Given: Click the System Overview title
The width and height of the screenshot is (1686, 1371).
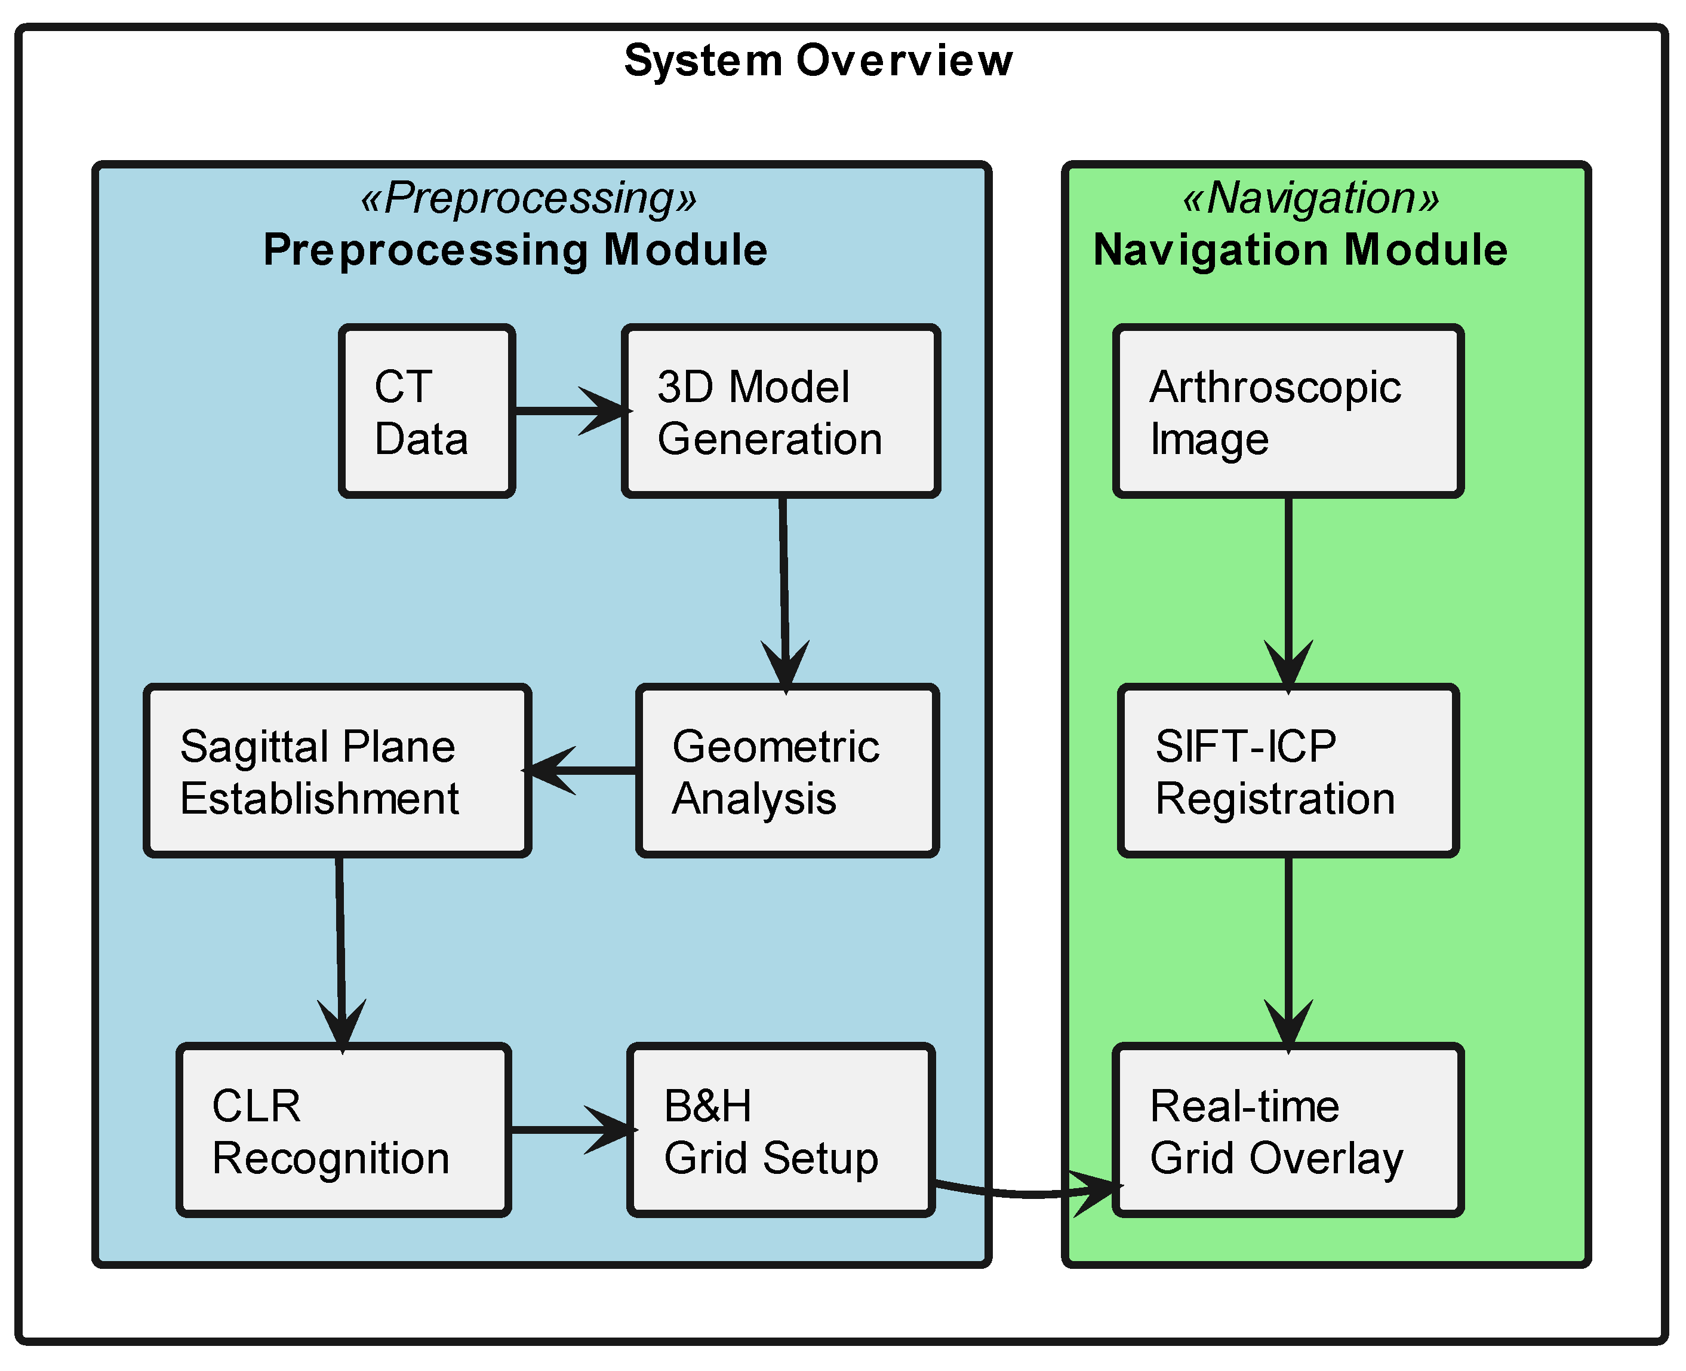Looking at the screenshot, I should [x=818, y=61].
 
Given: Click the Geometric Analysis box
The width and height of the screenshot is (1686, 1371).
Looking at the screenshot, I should [x=787, y=771].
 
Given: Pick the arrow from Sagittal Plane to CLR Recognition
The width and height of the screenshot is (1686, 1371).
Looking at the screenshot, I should [x=340, y=947].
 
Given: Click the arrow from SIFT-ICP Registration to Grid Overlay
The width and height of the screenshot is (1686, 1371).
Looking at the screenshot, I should [x=1288, y=947].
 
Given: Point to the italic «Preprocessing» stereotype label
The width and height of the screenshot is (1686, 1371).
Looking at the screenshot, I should [x=529, y=198].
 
